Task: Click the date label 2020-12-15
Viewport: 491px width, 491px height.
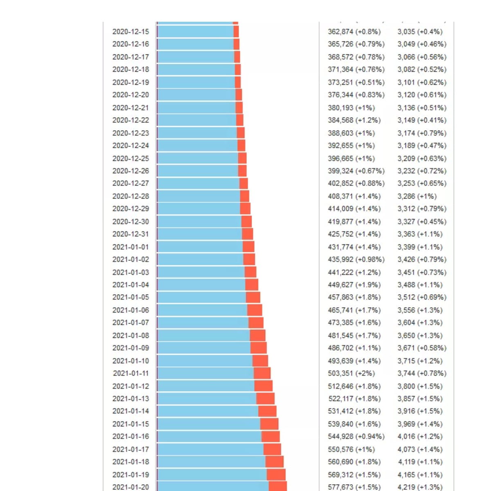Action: [x=131, y=32]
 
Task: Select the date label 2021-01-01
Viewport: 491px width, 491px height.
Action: [x=131, y=247]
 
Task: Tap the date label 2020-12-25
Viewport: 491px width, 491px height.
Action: [x=131, y=158]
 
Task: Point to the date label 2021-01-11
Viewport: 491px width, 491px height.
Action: [x=131, y=373]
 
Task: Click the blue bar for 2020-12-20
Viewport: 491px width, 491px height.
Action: [x=196, y=95]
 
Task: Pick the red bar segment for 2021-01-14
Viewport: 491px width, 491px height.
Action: [x=267, y=411]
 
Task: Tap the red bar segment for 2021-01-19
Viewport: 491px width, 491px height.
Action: [x=276, y=475]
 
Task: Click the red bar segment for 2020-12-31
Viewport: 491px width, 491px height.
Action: [x=248, y=234]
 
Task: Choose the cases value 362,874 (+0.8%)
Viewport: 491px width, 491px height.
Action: [x=354, y=32]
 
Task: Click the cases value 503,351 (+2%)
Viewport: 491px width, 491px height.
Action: [x=351, y=373]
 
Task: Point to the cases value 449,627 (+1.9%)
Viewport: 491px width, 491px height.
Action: [x=354, y=285]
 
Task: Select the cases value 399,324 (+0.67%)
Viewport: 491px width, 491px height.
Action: [x=356, y=171]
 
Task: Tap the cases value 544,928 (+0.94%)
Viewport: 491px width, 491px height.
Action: [x=356, y=436]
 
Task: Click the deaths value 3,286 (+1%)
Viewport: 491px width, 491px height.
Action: [x=417, y=196]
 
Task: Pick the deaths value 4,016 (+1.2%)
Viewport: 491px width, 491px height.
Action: [x=420, y=436]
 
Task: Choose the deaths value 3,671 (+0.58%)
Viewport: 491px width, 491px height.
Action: [x=421, y=348]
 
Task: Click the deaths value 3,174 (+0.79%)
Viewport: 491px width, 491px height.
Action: [x=421, y=133]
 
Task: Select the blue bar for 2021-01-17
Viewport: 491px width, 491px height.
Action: [x=210, y=449]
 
